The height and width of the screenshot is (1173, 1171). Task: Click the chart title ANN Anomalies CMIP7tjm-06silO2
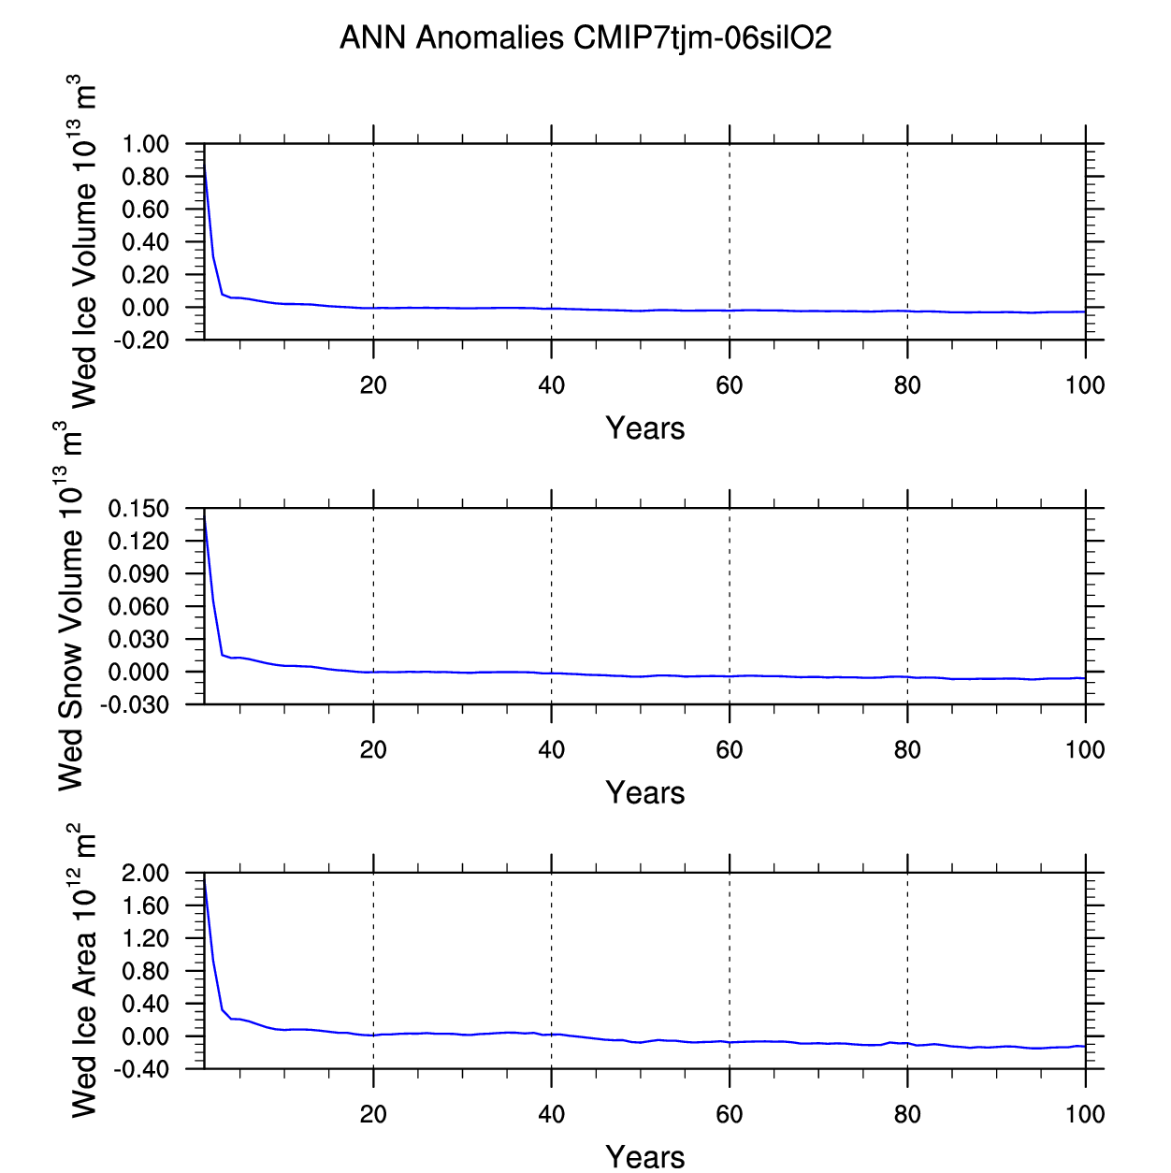point(585,38)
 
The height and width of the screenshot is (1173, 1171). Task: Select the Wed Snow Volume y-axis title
point(71,613)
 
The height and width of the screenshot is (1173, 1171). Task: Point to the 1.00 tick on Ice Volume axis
point(146,145)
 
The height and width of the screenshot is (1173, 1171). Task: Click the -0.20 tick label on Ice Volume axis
point(142,340)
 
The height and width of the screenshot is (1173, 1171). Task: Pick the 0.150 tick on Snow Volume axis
point(138,510)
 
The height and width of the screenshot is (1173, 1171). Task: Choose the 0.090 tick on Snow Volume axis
point(138,574)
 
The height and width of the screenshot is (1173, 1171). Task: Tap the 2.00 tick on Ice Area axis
point(146,874)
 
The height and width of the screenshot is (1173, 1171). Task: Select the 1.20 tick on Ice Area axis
point(146,939)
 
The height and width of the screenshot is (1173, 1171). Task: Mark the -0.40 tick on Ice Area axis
point(142,1069)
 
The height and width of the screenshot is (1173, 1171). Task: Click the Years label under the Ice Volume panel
point(645,428)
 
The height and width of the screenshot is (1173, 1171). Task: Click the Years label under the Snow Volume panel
point(645,793)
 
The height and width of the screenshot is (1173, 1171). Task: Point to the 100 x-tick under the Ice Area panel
point(1085,1114)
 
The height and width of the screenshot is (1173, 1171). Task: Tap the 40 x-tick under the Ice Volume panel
point(552,385)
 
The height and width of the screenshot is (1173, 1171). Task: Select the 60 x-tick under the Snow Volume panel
point(730,750)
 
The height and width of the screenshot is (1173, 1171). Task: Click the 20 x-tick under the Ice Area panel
point(373,1114)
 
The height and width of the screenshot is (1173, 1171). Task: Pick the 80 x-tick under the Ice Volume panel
point(907,385)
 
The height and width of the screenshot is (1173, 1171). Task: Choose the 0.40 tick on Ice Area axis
point(146,1005)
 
